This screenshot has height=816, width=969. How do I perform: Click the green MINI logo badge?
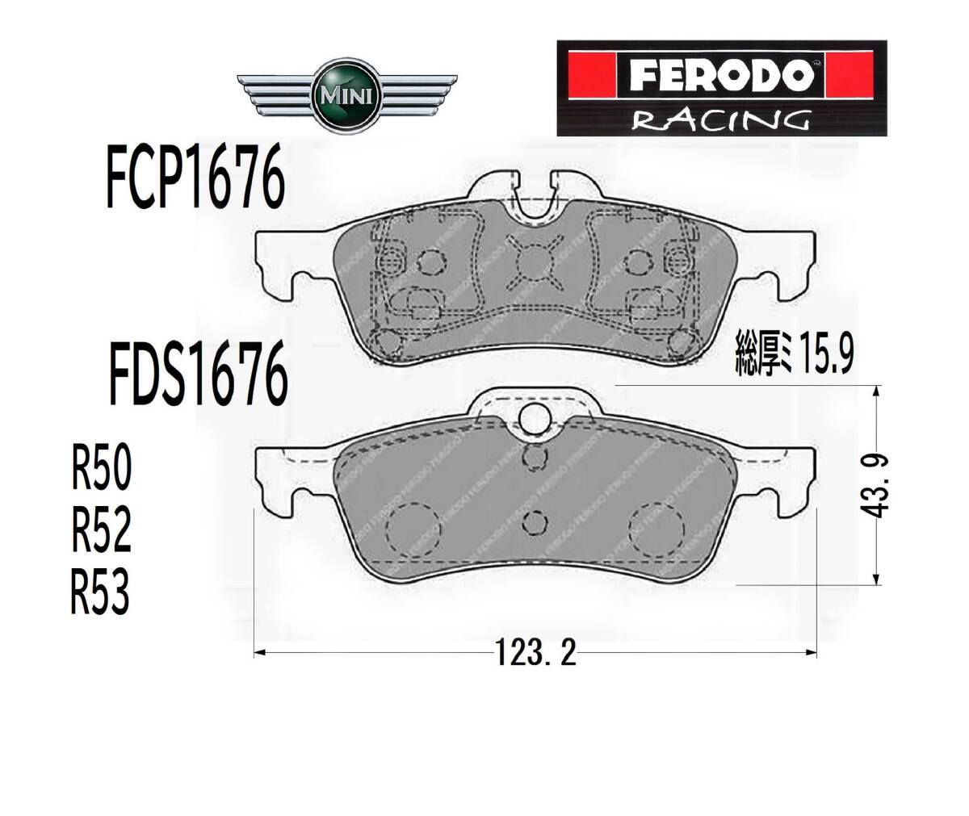[x=347, y=97]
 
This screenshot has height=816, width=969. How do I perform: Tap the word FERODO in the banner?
[x=721, y=76]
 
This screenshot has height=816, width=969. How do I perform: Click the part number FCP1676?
[x=195, y=175]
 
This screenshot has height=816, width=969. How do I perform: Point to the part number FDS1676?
[x=198, y=374]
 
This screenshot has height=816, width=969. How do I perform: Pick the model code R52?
[x=102, y=529]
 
